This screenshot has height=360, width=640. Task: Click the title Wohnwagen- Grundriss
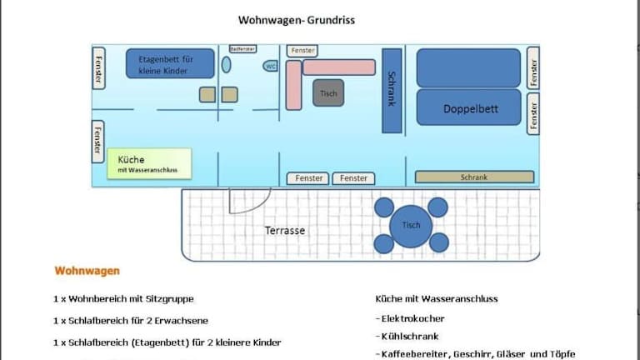coord(296,20)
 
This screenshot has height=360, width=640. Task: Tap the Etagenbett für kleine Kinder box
coord(170,64)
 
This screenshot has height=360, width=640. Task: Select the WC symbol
coord(271,66)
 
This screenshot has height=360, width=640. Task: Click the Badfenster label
coord(242,48)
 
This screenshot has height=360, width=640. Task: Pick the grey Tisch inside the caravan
coord(328,93)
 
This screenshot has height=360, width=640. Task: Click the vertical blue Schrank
coord(392,90)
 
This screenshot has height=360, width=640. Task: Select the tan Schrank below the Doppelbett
coord(473,177)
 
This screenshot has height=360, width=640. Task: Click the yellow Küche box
coord(149,163)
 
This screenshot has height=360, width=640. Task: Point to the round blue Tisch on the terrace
coord(411,225)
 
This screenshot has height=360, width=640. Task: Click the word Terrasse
coord(285,230)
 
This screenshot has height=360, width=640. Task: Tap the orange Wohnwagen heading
coord(87,271)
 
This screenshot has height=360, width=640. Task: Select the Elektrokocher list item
coord(411,318)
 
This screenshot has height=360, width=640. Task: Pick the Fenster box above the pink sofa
coord(302,51)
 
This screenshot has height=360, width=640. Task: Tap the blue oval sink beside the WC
coord(226,65)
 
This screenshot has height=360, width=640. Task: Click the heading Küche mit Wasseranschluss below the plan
coord(437,298)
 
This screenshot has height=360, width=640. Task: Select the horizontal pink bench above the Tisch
coord(338,67)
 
